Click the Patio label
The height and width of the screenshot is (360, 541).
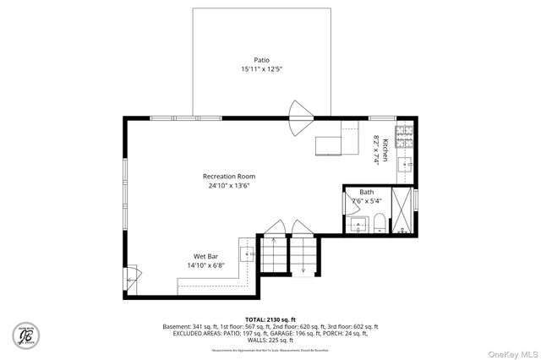(262, 60)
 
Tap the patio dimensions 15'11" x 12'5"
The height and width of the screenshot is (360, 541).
(262, 69)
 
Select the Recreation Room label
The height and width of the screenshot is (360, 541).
(229, 176)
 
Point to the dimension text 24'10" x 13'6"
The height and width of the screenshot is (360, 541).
(229, 185)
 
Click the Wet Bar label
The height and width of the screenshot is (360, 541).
(206, 255)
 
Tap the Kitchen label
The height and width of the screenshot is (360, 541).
(385, 150)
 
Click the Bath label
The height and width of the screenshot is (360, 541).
(366, 192)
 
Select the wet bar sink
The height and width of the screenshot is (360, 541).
(249, 253)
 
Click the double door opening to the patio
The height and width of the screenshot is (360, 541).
(302, 119)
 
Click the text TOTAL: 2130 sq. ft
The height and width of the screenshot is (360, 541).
(270, 319)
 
